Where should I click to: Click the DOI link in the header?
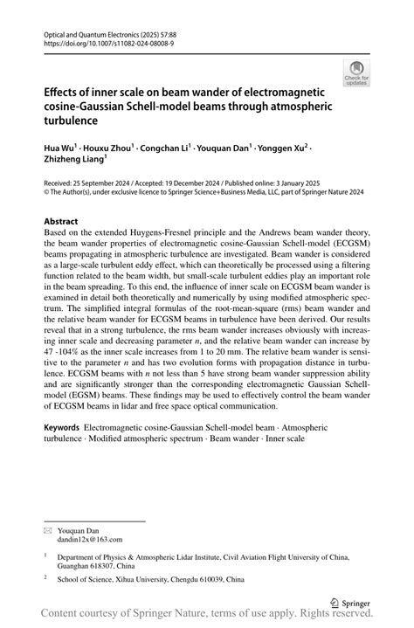(101, 41)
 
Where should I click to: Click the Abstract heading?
(61, 222)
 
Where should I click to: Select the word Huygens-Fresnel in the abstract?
(182, 235)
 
